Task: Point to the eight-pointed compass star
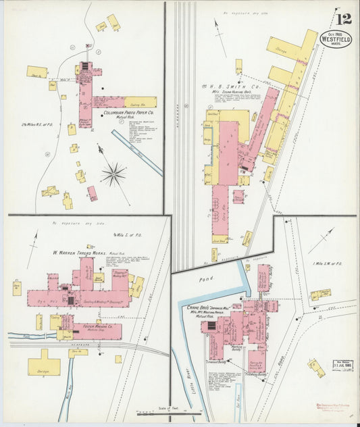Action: click(113, 174)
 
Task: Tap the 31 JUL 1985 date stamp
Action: click(343, 364)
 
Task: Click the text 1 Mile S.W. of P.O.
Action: click(329, 263)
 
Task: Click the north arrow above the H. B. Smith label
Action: click(220, 28)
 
